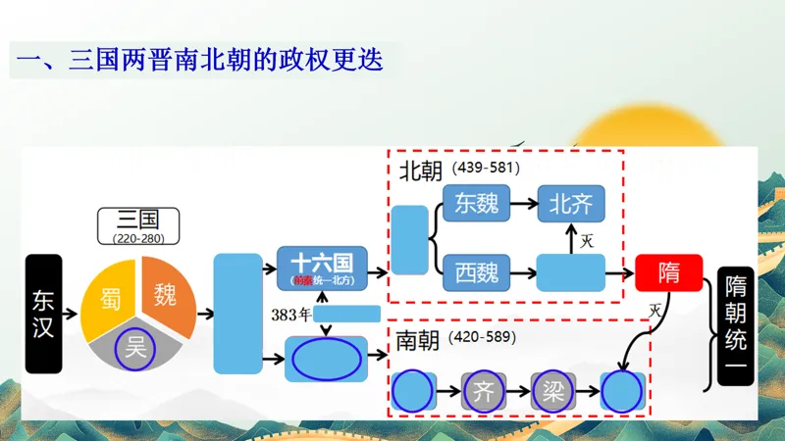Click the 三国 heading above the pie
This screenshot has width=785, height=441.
coord(137,219)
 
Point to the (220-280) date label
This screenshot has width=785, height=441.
coord(137,238)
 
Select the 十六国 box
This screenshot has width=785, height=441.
coord(322,267)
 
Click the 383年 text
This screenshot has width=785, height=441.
coord(291,315)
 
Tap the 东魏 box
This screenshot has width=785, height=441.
coord(477,203)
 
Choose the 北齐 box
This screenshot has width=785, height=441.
coord(571,203)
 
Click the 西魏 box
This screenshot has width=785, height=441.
coord(477,271)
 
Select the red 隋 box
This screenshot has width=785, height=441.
coord(668,271)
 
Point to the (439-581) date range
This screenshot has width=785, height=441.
coord(486,168)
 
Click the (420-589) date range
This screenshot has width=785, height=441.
coord(481,337)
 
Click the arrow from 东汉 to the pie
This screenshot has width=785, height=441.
coord(71,315)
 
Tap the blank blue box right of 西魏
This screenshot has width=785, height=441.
coord(571,271)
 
